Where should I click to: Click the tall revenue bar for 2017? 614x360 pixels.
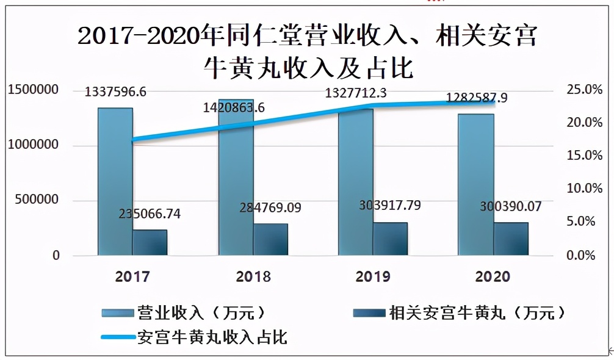pyautogui.click(x=115, y=183)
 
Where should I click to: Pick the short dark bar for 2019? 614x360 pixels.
pyautogui.click(x=390, y=239)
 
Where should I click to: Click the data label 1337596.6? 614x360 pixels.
pyautogui.click(x=115, y=92)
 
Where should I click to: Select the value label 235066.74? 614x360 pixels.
pyautogui.click(x=150, y=214)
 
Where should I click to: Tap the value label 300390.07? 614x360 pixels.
pyautogui.click(x=510, y=207)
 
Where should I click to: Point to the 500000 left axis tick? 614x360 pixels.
pyautogui.click(x=37, y=200)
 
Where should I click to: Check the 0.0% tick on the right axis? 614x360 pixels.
pyautogui.click(x=580, y=255)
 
